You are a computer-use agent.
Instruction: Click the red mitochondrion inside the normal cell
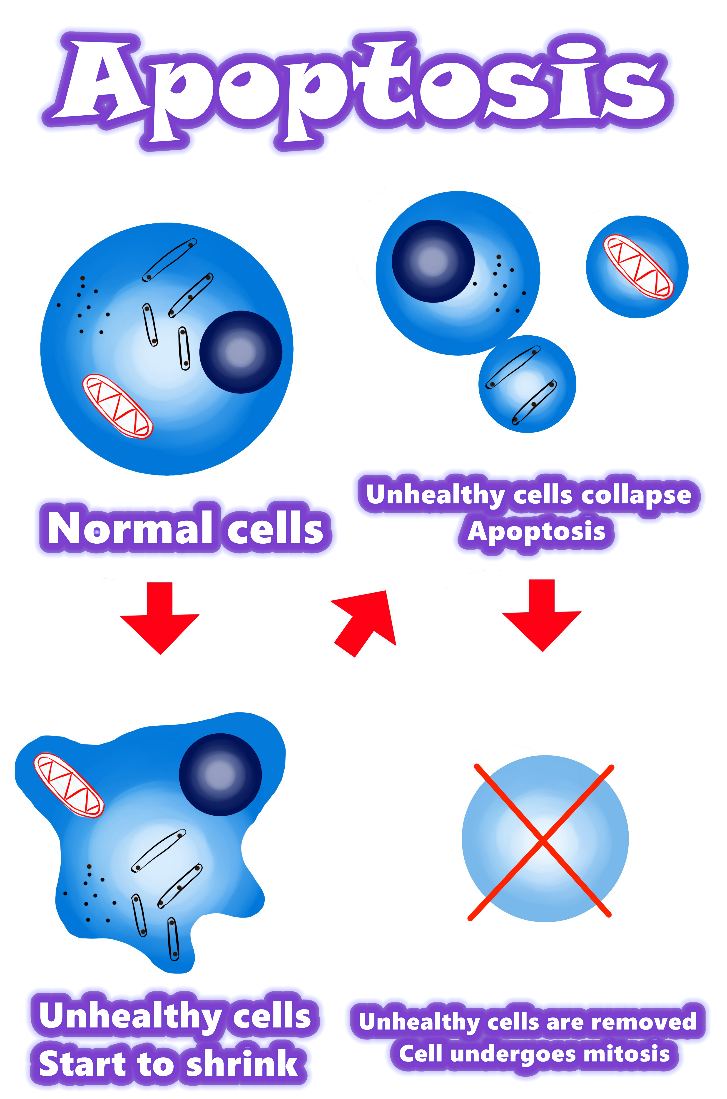click(117, 406)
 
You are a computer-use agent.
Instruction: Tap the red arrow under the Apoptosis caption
click(542, 615)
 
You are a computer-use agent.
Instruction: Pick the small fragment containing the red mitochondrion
click(637, 267)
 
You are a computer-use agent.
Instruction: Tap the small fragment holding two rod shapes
click(527, 384)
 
